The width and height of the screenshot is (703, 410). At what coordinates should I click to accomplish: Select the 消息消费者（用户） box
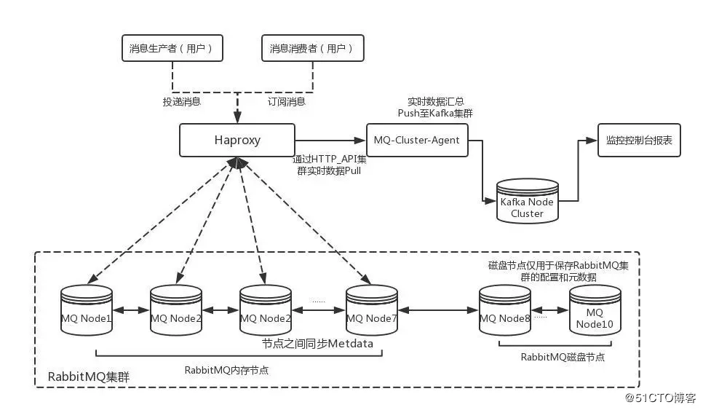(311, 48)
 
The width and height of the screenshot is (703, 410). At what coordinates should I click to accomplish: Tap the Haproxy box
(237, 139)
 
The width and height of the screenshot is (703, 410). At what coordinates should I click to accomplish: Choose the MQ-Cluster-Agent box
(416, 139)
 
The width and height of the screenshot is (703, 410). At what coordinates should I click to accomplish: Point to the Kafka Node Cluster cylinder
(527, 202)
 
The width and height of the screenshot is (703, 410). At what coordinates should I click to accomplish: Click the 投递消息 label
(181, 102)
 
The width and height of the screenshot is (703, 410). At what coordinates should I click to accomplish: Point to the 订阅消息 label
(286, 102)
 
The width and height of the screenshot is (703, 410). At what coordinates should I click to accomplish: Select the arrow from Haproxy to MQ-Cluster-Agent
(330, 139)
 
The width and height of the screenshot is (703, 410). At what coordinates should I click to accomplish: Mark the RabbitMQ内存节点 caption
(226, 369)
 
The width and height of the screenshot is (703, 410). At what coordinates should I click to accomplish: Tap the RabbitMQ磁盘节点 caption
(563, 357)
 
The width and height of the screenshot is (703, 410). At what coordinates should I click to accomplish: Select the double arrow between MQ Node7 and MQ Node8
(439, 311)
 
